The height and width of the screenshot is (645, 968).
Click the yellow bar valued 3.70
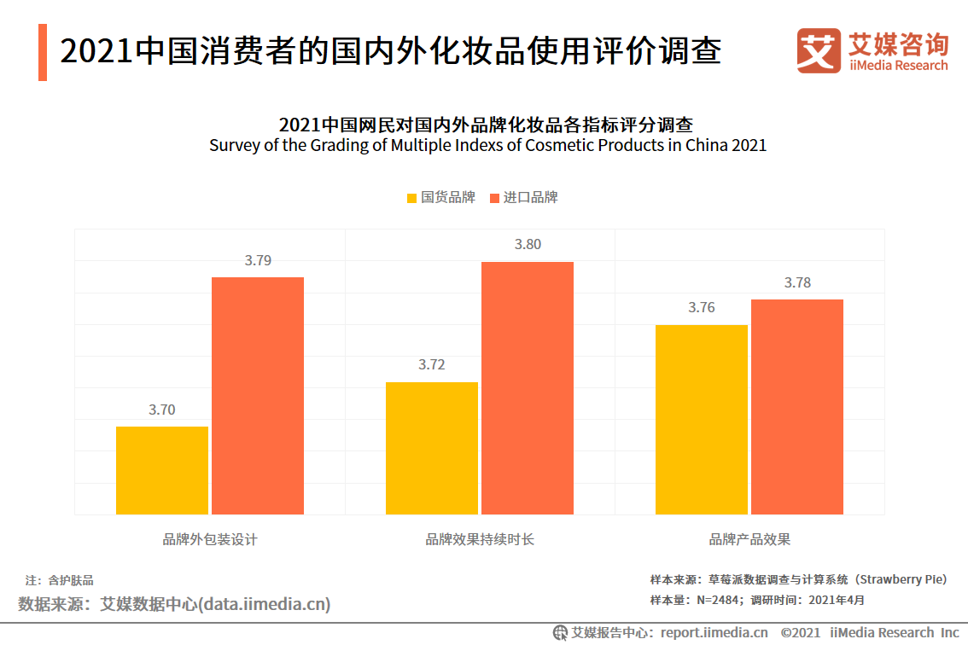point(162,470)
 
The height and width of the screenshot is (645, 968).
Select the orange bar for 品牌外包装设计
point(258,395)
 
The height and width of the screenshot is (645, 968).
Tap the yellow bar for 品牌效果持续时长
point(432,448)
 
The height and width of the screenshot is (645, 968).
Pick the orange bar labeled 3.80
point(528,387)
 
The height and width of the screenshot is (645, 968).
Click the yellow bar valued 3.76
point(702,419)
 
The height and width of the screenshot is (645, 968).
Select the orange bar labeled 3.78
point(797,406)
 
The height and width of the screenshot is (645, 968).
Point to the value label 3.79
point(258,261)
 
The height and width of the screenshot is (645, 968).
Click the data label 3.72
point(432,365)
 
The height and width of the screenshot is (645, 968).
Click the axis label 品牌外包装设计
point(210,540)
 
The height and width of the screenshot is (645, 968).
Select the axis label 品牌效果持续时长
point(480,540)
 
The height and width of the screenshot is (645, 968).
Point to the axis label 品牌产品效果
point(749,540)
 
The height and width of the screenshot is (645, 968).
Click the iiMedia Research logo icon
point(818,50)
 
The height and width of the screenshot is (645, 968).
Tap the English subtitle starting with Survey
point(487,146)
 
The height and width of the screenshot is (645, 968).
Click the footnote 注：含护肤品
point(59,580)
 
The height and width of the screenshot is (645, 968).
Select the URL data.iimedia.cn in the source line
point(264,605)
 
